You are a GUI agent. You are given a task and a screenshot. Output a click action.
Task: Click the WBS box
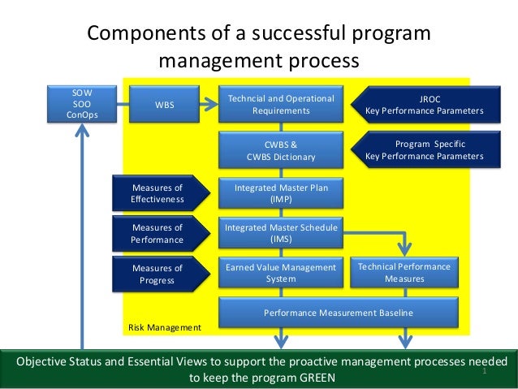coord(164,104)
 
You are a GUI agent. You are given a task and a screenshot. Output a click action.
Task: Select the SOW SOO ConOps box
coord(81,104)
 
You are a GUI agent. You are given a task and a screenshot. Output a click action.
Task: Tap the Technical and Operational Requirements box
coord(281,104)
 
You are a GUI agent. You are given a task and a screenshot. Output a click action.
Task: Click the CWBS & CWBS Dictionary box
coord(281,150)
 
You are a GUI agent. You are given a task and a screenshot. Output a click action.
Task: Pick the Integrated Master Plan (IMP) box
coord(281,193)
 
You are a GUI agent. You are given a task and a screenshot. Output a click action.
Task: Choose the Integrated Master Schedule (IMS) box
coord(281,233)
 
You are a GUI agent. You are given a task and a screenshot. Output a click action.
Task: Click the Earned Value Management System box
coord(281,273)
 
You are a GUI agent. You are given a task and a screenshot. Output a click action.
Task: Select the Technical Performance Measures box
coord(404,273)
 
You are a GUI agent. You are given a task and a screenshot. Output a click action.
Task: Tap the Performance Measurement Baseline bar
coord(338,313)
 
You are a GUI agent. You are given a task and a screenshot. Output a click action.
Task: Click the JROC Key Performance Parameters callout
coord(422,104)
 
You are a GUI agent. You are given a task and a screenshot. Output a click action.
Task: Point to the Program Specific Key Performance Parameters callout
coord(422,150)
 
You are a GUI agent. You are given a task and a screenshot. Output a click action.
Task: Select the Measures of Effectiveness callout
coord(156,193)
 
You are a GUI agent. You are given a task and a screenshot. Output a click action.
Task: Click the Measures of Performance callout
coord(156,233)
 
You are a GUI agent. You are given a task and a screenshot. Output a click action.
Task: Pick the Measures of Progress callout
coord(156,274)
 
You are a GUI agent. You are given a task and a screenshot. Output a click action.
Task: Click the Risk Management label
coord(164,327)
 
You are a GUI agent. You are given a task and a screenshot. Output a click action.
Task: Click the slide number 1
coord(483,371)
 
